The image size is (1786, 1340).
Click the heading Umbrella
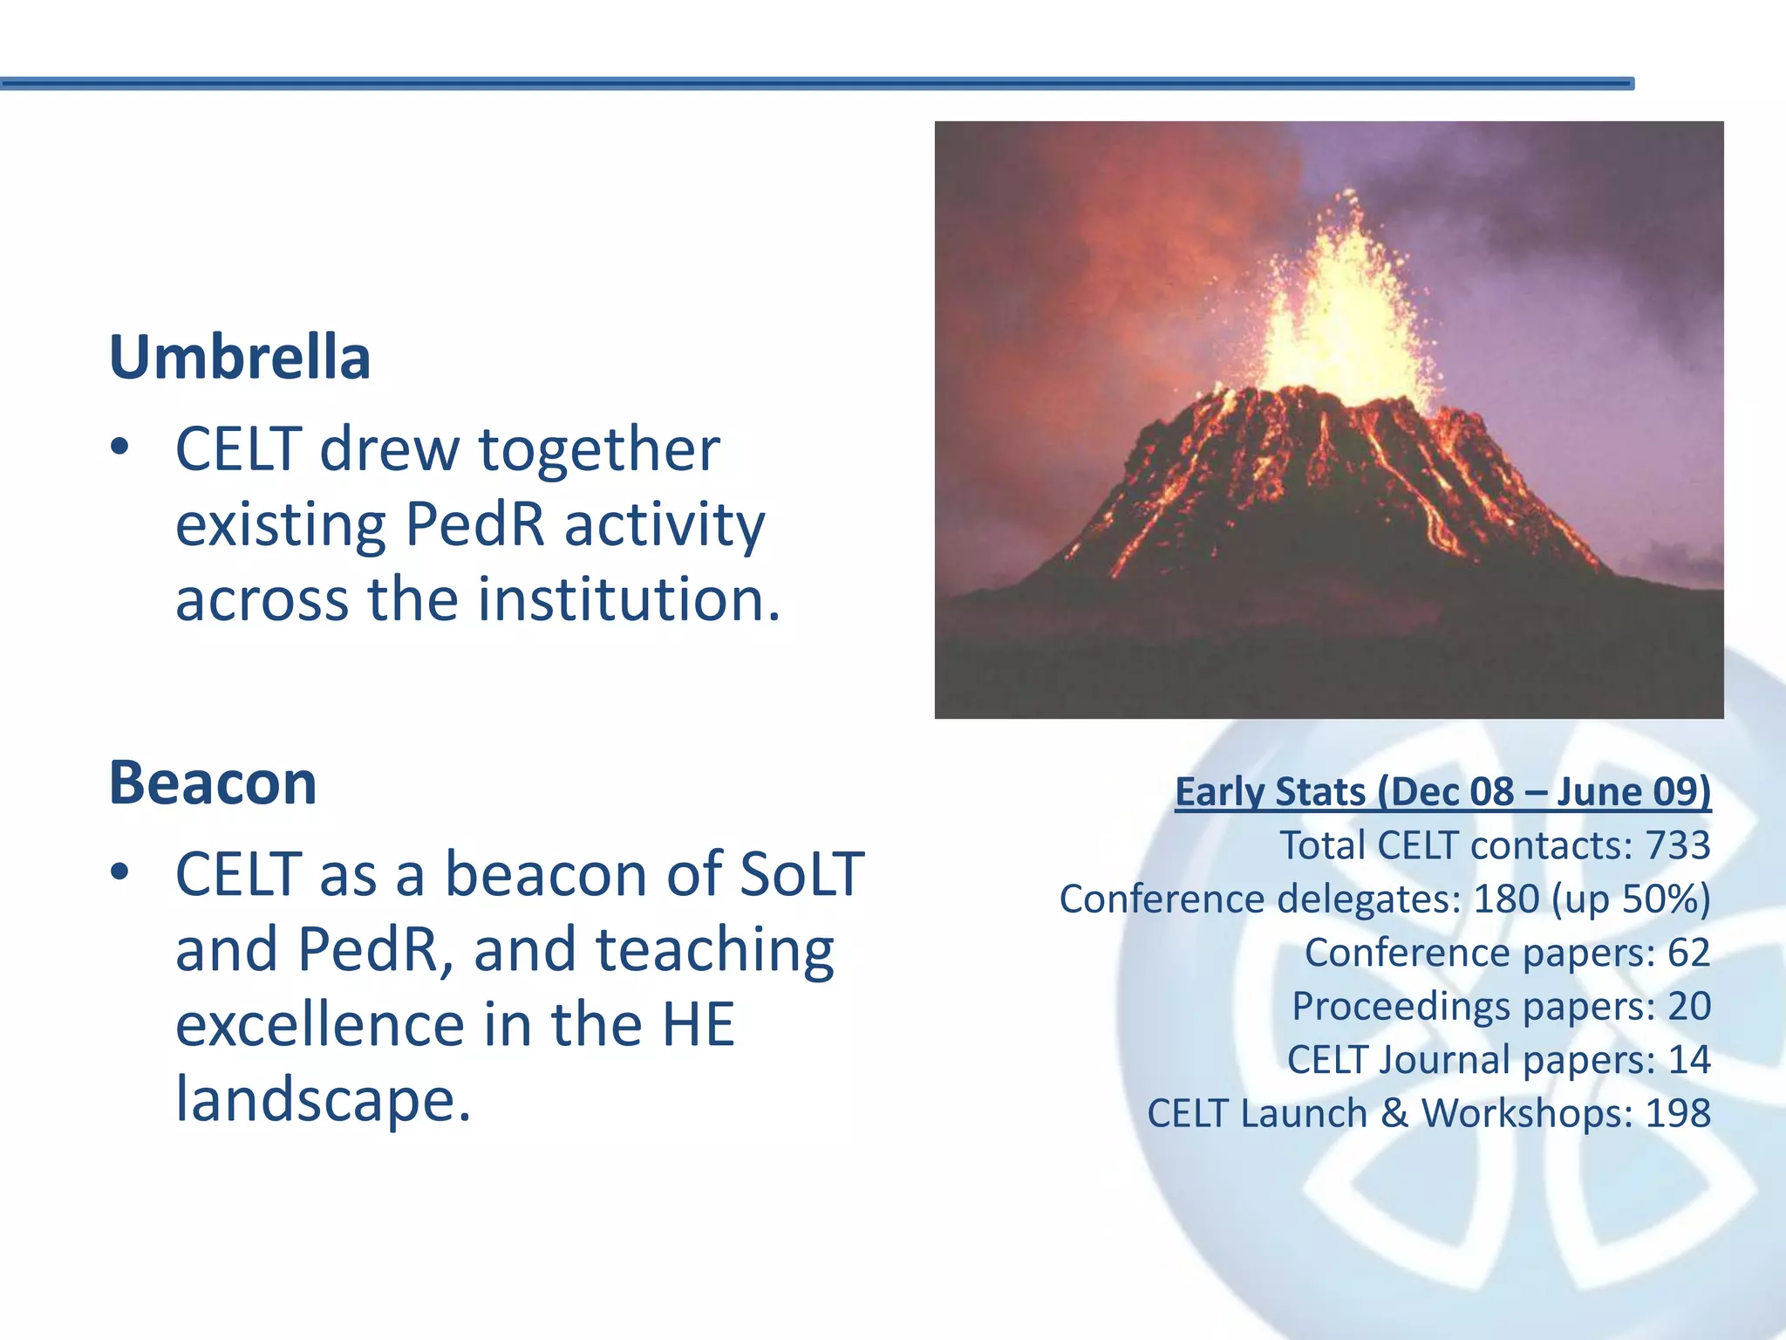point(240,358)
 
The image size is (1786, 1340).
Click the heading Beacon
point(212,783)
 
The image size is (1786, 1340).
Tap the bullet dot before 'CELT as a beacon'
point(120,873)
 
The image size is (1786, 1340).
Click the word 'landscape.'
point(323,1099)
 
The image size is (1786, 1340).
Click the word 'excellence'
point(320,1024)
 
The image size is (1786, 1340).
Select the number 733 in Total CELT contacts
point(1678,845)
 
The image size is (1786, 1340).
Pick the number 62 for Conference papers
point(1688,953)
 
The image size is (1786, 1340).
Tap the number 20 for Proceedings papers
point(1688,1006)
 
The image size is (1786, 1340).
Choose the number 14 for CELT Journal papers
point(1688,1060)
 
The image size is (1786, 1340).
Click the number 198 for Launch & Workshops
point(1678,1113)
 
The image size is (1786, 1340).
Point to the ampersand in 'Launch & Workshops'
point(1394,1113)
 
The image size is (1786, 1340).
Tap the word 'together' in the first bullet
point(599,449)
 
